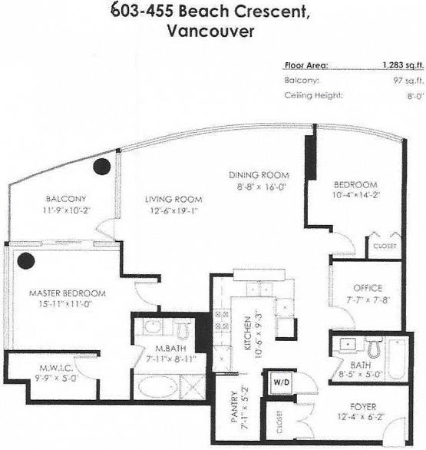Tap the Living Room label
pos(167,200)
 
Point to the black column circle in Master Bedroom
pos(27,260)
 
